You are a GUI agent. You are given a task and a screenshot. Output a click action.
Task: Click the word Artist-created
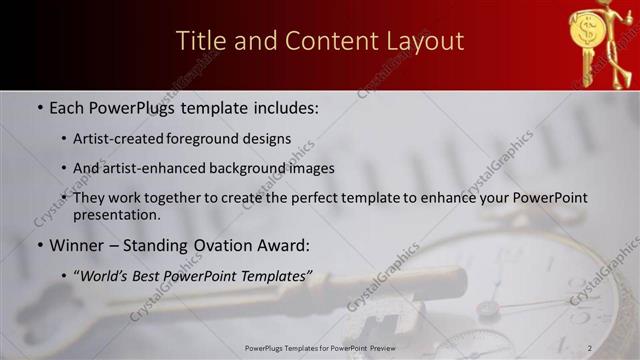coord(120,138)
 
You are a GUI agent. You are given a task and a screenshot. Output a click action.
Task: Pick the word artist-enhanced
coord(150,168)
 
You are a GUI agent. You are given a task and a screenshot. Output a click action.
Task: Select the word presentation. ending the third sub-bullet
coord(116,214)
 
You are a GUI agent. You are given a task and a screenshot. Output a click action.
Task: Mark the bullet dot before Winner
coord(39,245)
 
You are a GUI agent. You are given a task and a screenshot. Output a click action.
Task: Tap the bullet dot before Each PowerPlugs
coord(39,105)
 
